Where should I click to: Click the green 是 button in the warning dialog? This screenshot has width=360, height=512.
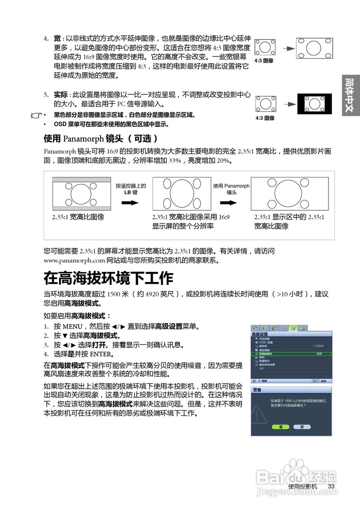[x=280, y=427]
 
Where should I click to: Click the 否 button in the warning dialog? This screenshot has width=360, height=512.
[x=302, y=427]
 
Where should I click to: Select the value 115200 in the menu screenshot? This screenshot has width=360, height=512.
[x=318, y=346]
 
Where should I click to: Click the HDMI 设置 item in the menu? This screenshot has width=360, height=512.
[x=266, y=342]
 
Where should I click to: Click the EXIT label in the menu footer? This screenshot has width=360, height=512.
[x=316, y=380]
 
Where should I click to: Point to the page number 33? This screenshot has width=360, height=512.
[x=331, y=486]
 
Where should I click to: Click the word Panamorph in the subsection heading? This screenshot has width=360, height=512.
[x=83, y=139]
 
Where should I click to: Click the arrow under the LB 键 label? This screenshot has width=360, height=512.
[x=130, y=203]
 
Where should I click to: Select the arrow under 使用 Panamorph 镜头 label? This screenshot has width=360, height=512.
[x=231, y=203]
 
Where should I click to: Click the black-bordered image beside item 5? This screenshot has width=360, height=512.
[x=314, y=104]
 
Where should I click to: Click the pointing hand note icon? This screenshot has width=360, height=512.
[x=36, y=116]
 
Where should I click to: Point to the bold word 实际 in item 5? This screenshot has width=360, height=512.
[x=61, y=95]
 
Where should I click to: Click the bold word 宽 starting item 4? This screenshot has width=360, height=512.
[x=57, y=39]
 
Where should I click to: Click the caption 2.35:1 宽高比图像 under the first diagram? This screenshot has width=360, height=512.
[x=78, y=217]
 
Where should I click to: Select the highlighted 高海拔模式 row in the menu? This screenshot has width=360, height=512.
[x=291, y=354]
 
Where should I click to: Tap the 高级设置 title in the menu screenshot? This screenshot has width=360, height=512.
[x=260, y=334]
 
